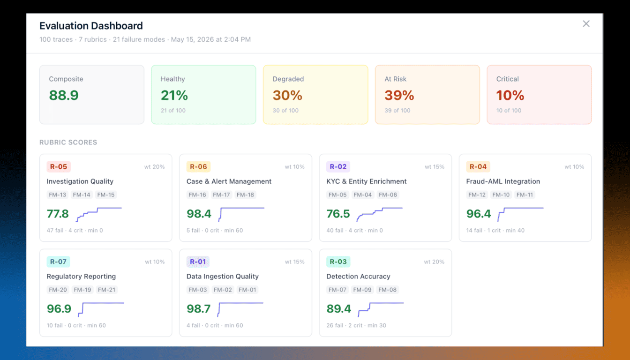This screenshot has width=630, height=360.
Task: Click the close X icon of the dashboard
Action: pyautogui.click(x=586, y=23)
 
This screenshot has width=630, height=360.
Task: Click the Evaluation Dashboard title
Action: pyautogui.click(x=91, y=26)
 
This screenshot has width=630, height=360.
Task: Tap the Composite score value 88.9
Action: pyautogui.click(x=64, y=95)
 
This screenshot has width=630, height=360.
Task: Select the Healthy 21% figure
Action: pyautogui.click(x=174, y=95)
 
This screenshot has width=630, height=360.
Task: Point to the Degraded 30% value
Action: pyautogui.click(x=287, y=95)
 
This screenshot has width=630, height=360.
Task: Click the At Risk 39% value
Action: pyautogui.click(x=399, y=95)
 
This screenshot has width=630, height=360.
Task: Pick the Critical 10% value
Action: pyautogui.click(x=510, y=95)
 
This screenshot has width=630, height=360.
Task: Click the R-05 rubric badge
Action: pyautogui.click(x=59, y=166)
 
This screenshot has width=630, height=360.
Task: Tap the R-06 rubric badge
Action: pyautogui.click(x=198, y=166)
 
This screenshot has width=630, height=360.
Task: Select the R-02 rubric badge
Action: pyautogui.click(x=338, y=166)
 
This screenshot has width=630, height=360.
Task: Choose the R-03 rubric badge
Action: pyautogui.click(x=338, y=262)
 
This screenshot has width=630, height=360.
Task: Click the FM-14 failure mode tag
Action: pyautogui.click(x=82, y=195)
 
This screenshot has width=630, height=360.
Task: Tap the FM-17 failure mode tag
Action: pyautogui.click(x=221, y=195)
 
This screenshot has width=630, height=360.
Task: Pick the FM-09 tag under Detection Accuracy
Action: pyautogui.click(x=362, y=290)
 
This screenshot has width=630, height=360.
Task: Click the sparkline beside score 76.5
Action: pyautogui.click(x=379, y=215)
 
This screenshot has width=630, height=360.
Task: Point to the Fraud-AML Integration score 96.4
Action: pyautogui.click(x=479, y=214)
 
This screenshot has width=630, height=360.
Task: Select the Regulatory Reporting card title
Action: pyautogui.click(x=81, y=276)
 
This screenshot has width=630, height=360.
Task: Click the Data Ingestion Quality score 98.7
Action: pyautogui.click(x=199, y=309)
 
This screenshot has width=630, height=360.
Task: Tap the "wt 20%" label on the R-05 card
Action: pyautogui.click(x=154, y=167)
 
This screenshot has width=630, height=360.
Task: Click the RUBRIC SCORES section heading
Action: pyautogui.click(x=68, y=142)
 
